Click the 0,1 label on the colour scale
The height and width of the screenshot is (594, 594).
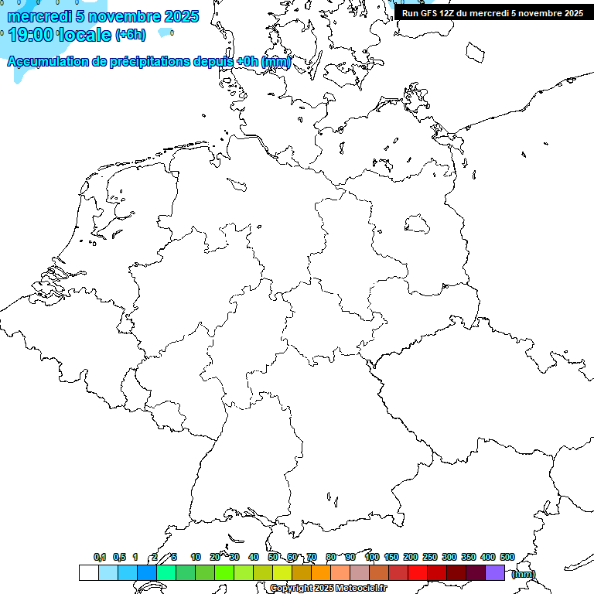(100, 557)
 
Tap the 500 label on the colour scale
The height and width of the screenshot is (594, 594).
(507, 557)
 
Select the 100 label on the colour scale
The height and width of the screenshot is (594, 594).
(371, 557)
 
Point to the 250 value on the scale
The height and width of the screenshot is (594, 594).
(430, 557)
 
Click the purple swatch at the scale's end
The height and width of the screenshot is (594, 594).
(495, 572)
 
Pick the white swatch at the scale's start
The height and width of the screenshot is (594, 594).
(88, 572)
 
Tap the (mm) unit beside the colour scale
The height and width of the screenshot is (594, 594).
(524, 574)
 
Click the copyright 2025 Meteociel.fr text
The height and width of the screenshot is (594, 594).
(328, 589)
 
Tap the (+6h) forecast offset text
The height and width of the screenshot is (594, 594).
(130, 35)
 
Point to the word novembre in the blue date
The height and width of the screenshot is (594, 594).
(125, 16)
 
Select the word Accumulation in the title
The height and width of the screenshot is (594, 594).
(46, 62)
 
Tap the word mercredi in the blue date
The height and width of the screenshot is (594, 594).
(39, 16)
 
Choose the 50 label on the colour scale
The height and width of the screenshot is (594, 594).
(273, 557)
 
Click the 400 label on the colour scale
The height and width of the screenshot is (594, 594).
(487, 557)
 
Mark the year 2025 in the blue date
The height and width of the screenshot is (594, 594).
(182, 16)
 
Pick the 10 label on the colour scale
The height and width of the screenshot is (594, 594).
(196, 557)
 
